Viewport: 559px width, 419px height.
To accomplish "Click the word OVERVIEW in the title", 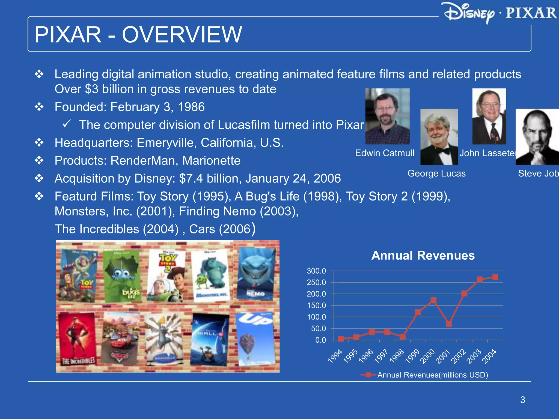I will (x=182, y=35).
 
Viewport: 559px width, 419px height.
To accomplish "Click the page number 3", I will (x=522, y=400).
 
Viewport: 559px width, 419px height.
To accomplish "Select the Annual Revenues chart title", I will (x=423, y=256).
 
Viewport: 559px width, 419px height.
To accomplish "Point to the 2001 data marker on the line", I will (x=449, y=324).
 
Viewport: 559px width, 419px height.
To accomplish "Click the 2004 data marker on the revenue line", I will (x=495, y=277).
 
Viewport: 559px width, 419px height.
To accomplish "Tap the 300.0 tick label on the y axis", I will (x=316, y=271).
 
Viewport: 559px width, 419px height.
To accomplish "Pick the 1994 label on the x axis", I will (x=335, y=356).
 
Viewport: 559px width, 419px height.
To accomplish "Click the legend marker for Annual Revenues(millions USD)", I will (x=368, y=375).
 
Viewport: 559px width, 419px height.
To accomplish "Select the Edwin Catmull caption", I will (x=385, y=153).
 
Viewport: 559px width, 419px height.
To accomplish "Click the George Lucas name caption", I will (x=436, y=173).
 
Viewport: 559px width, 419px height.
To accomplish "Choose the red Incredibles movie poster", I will (x=78, y=339).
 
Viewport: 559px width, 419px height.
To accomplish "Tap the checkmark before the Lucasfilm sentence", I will (x=67, y=124).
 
